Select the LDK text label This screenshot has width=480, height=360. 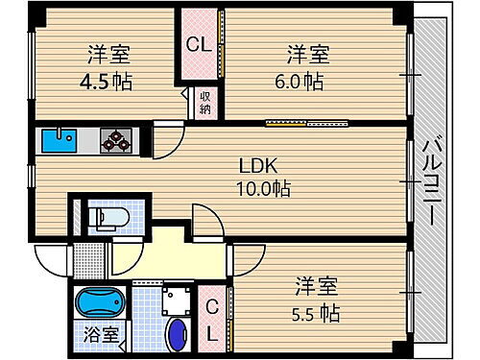252,166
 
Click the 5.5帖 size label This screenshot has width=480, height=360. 317,313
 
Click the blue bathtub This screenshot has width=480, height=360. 99,303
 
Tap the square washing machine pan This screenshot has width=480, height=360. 176,301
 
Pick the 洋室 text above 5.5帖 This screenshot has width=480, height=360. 317,286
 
